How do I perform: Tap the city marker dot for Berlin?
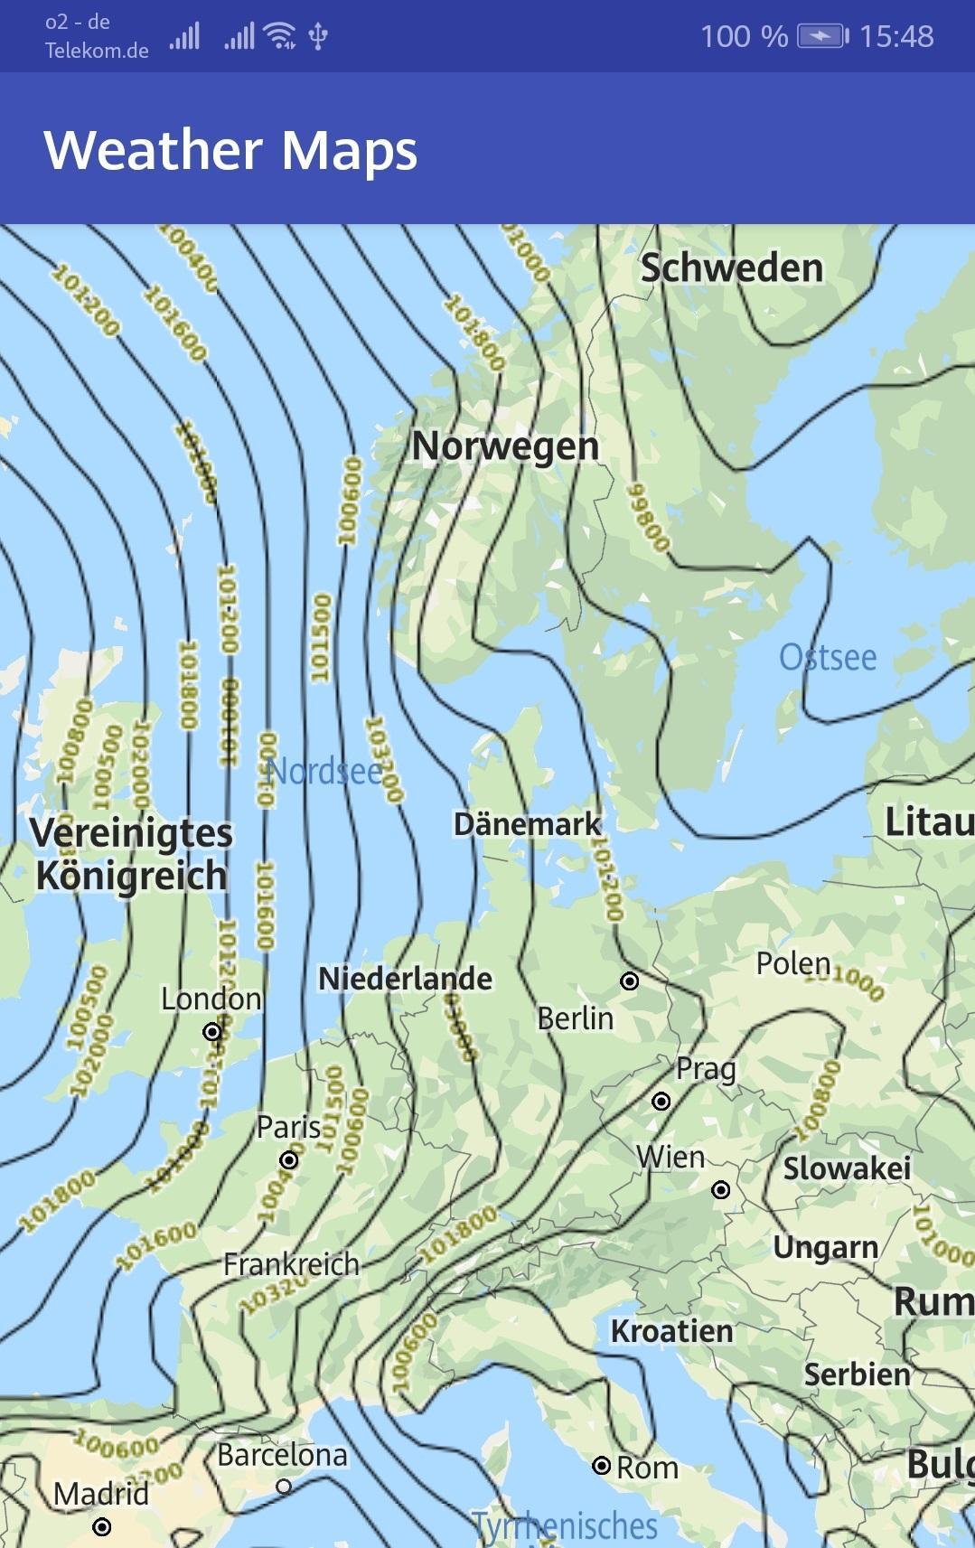(x=630, y=980)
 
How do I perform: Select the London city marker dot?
(x=212, y=1031)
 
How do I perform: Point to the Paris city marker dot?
(x=289, y=1159)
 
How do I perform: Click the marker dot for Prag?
(x=661, y=1101)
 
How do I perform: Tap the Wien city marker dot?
(x=721, y=1189)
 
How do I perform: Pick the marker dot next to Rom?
(x=601, y=1465)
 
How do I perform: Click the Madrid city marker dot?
(x=102, y=1526)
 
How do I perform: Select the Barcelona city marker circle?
(x=284, y=1486)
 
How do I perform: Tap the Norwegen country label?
(x=505, y=446)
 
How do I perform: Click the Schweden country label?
(x=731, y=268)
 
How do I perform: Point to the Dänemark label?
(x=527, y=824)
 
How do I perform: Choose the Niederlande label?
(x=405, y=979)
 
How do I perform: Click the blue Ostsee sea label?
(x=828, y=657)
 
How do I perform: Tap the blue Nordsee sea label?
(x=325, y=771)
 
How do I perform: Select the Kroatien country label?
(x=671, y=1331)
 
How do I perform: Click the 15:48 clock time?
(x=895, y=36)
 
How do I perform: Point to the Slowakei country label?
(x=847, y=1168)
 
